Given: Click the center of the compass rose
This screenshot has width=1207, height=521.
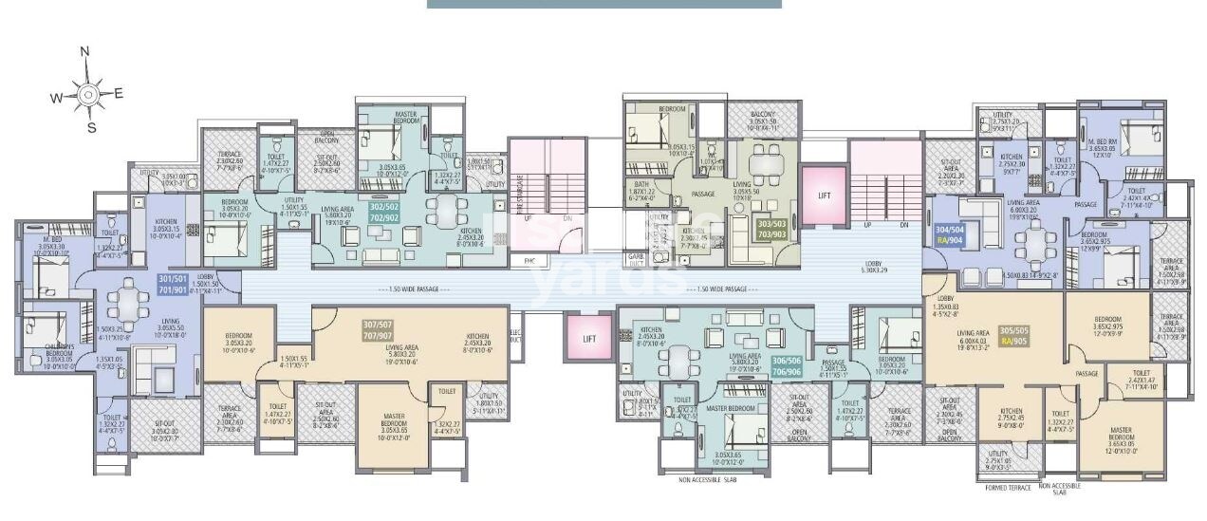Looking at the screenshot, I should click(87, 93).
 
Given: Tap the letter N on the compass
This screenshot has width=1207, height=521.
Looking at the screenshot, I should click(84, 52).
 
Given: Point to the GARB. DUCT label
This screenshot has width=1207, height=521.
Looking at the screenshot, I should click(635, 259).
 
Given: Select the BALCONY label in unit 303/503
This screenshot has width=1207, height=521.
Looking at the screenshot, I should click(764, 118).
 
